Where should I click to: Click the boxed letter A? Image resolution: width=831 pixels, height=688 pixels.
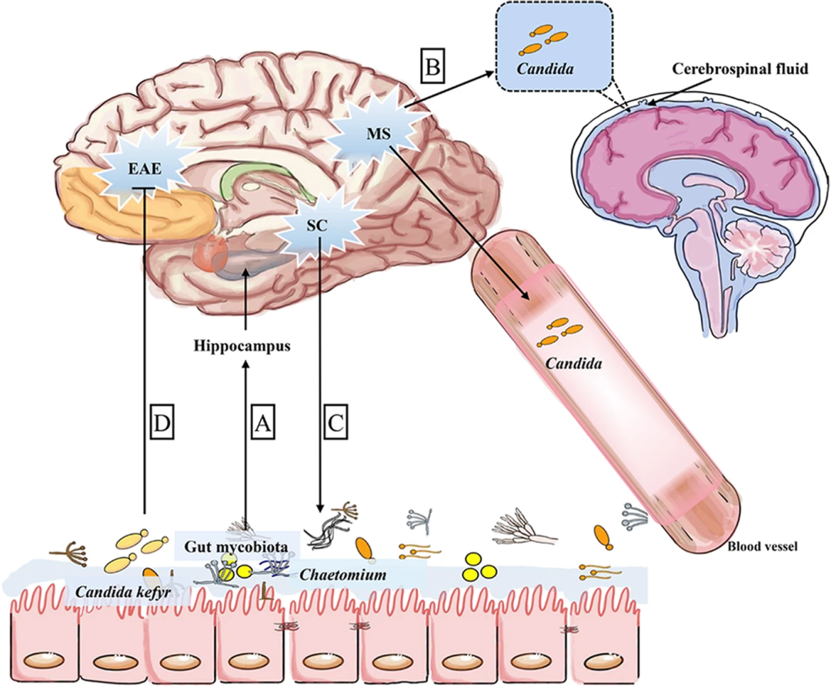pos(263,423)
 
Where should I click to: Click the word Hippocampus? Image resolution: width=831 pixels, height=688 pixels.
pos(242,346)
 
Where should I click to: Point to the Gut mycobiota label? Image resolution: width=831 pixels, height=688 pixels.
pos(235,547)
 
